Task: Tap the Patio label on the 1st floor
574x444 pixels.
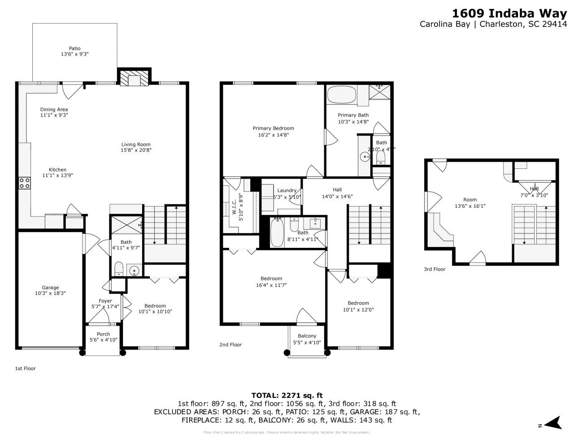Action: coord(74,48)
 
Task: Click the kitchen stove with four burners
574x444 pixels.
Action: coord(25,183)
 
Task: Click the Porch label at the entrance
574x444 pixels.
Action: coord(103,334)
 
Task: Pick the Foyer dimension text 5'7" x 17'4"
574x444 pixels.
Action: coord(105,307)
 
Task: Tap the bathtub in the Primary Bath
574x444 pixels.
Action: coord(341,95)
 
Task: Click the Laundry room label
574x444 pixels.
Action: coord(287,190)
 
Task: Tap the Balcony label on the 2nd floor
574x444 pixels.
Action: coord(307,336)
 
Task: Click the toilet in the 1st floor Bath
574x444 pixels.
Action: coord(119,269)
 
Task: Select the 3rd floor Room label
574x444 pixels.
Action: coord(470,200)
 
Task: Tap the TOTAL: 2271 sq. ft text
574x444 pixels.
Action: coord(287,396)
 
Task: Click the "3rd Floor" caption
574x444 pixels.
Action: coord(435,269)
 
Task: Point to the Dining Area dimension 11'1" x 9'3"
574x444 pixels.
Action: coord(54,115)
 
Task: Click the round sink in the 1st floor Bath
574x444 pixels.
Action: coord(134,270)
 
